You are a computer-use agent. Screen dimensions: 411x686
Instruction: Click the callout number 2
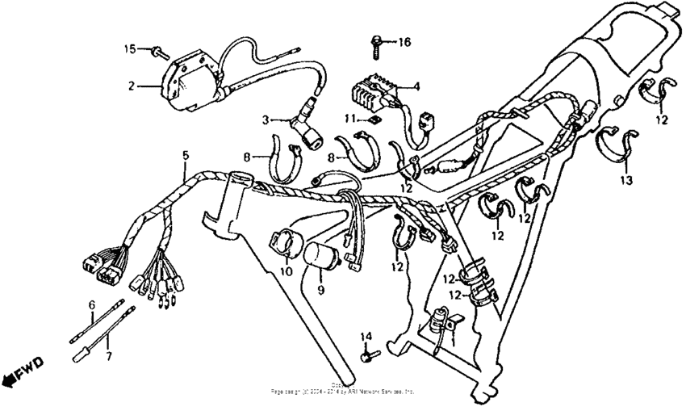[129, 84]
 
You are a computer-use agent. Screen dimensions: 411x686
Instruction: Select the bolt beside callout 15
[157, 52]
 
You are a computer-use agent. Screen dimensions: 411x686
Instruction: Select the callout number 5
[185, 155]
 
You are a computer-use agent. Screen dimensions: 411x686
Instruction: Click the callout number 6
[91, 304]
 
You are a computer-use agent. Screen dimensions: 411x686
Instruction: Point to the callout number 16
[404, 40]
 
